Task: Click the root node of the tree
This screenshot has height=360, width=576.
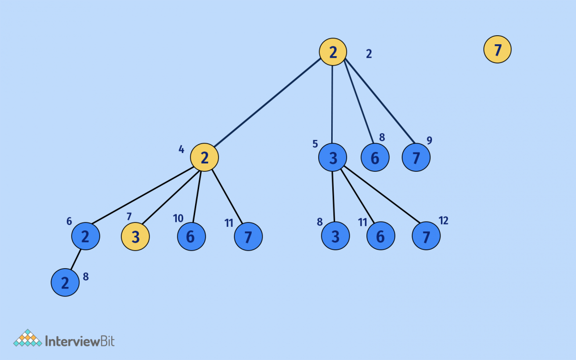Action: coord(333,52)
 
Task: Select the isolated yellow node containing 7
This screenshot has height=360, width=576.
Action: coord(498,50)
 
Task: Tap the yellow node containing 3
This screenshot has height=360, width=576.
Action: coord(136,237)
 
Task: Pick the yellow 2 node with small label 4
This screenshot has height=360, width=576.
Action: coord(205,157)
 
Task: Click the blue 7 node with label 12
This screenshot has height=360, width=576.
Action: coord(426,236)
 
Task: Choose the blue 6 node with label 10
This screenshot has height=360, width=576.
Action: coord(192,236)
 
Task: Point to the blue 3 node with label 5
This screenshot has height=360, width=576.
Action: coord(333,157)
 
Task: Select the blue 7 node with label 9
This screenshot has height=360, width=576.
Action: coord(416,157)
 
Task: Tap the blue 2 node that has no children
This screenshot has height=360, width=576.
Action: coord(65,283)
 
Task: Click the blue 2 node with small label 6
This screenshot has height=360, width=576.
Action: coord(85,236)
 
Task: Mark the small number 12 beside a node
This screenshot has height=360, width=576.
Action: coord(443,220)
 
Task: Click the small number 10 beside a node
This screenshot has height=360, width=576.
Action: coord(178,218)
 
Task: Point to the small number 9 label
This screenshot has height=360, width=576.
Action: coord(429,141)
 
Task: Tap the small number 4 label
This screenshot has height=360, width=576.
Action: coord(181,149)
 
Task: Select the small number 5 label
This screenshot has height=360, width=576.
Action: coord(315,144)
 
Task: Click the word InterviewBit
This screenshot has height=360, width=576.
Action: coord(79,341)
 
